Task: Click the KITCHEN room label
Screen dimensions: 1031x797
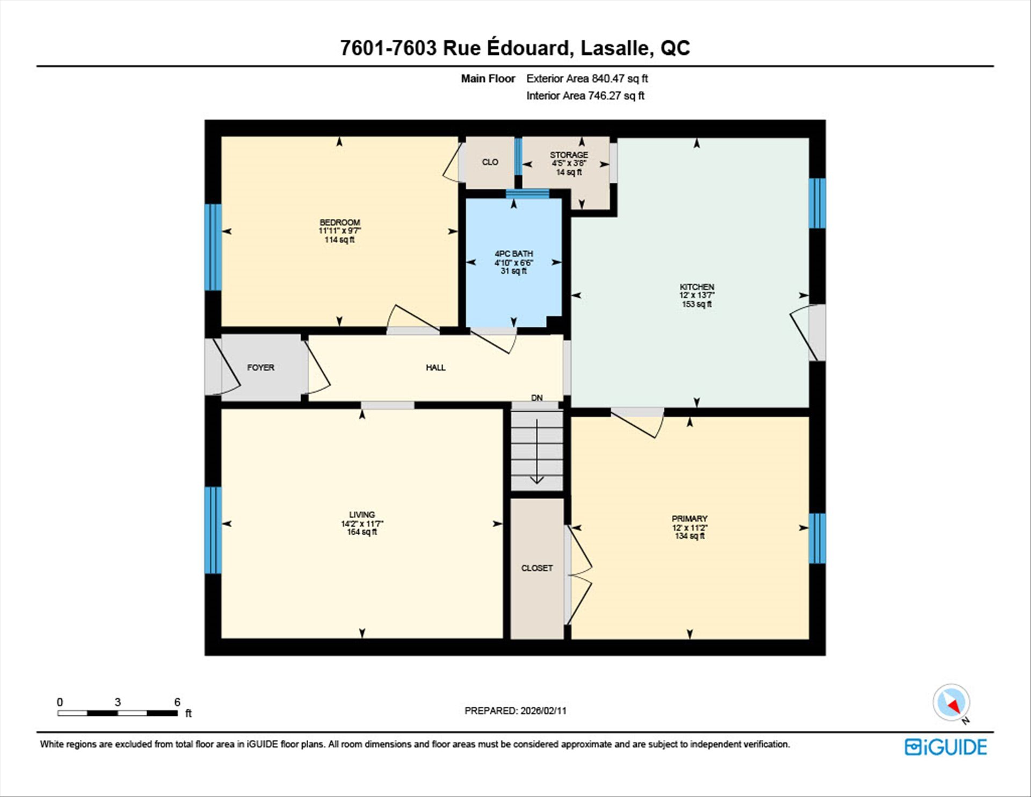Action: pos(696,287)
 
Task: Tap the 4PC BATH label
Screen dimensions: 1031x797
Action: pos(513,254)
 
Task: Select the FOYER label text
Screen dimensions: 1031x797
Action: pos(260,368)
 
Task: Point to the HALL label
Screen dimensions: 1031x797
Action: pos(435,368)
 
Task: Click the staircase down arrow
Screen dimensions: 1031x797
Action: pos(537,451)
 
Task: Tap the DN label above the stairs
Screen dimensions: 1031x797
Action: pos(537,398)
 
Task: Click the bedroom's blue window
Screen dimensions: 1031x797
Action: pos(213,247)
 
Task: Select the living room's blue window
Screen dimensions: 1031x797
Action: pos(213,530)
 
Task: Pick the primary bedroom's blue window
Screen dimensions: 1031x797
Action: pos(817,538)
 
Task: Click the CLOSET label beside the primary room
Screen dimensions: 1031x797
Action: pos(537,568)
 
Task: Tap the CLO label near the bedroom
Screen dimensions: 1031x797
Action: pos(490,162)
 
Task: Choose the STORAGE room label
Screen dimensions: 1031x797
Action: pos(569,155)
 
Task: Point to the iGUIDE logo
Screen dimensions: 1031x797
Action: pos(946,747)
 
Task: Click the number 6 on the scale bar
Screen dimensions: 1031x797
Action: pos(177,702)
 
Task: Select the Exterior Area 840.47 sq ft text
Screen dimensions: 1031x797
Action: pos(587,78)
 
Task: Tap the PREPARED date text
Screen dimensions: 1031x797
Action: pos(515,710)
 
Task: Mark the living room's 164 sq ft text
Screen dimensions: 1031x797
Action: pos(362,532)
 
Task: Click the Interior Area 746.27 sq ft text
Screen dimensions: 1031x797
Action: pos(585,96)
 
